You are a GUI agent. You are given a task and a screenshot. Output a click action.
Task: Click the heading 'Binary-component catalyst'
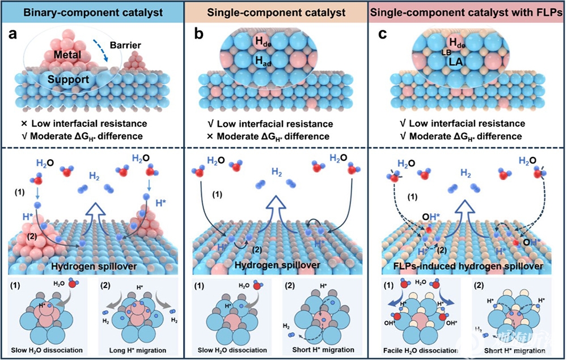94,11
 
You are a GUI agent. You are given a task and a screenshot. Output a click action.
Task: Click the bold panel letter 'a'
12,35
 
